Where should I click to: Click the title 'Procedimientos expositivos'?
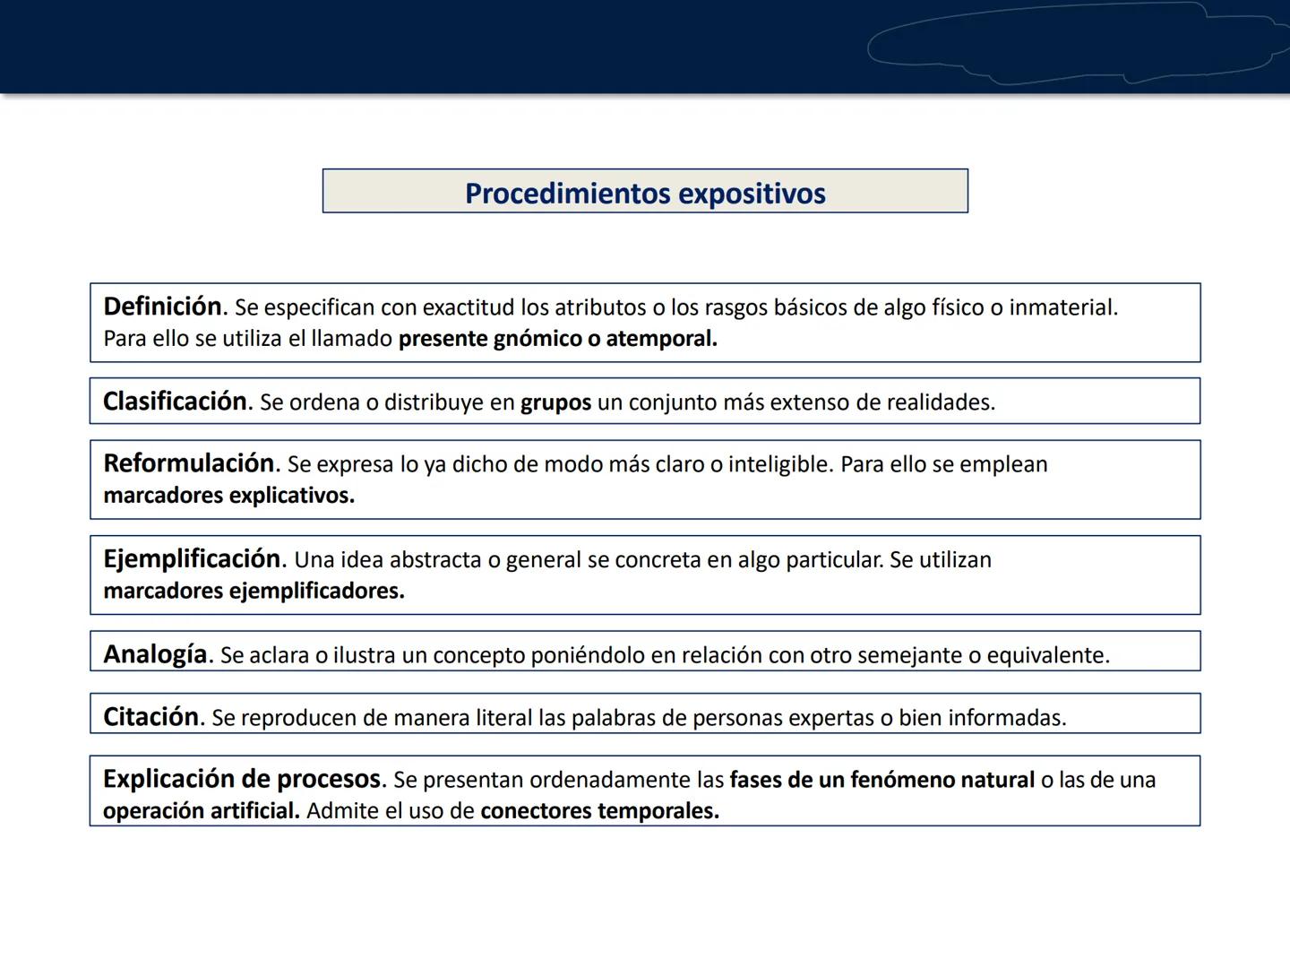click(645, 194)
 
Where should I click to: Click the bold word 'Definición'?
click(162, 307)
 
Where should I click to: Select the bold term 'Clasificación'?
click(175, 402)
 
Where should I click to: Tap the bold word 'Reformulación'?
click(188, 463)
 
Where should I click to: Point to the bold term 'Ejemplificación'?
click(192, 559)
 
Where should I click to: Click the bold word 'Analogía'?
click(155, 654)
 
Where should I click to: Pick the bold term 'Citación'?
click(150, 717)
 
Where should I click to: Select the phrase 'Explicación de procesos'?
click(242, 779)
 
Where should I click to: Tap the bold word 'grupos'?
click(555, 402)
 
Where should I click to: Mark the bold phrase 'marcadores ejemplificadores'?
click(253, 592)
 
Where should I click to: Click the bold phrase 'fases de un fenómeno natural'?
click(881, 780)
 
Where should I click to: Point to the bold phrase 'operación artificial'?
click(200, 811)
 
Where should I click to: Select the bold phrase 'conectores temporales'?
click(598, 811)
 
